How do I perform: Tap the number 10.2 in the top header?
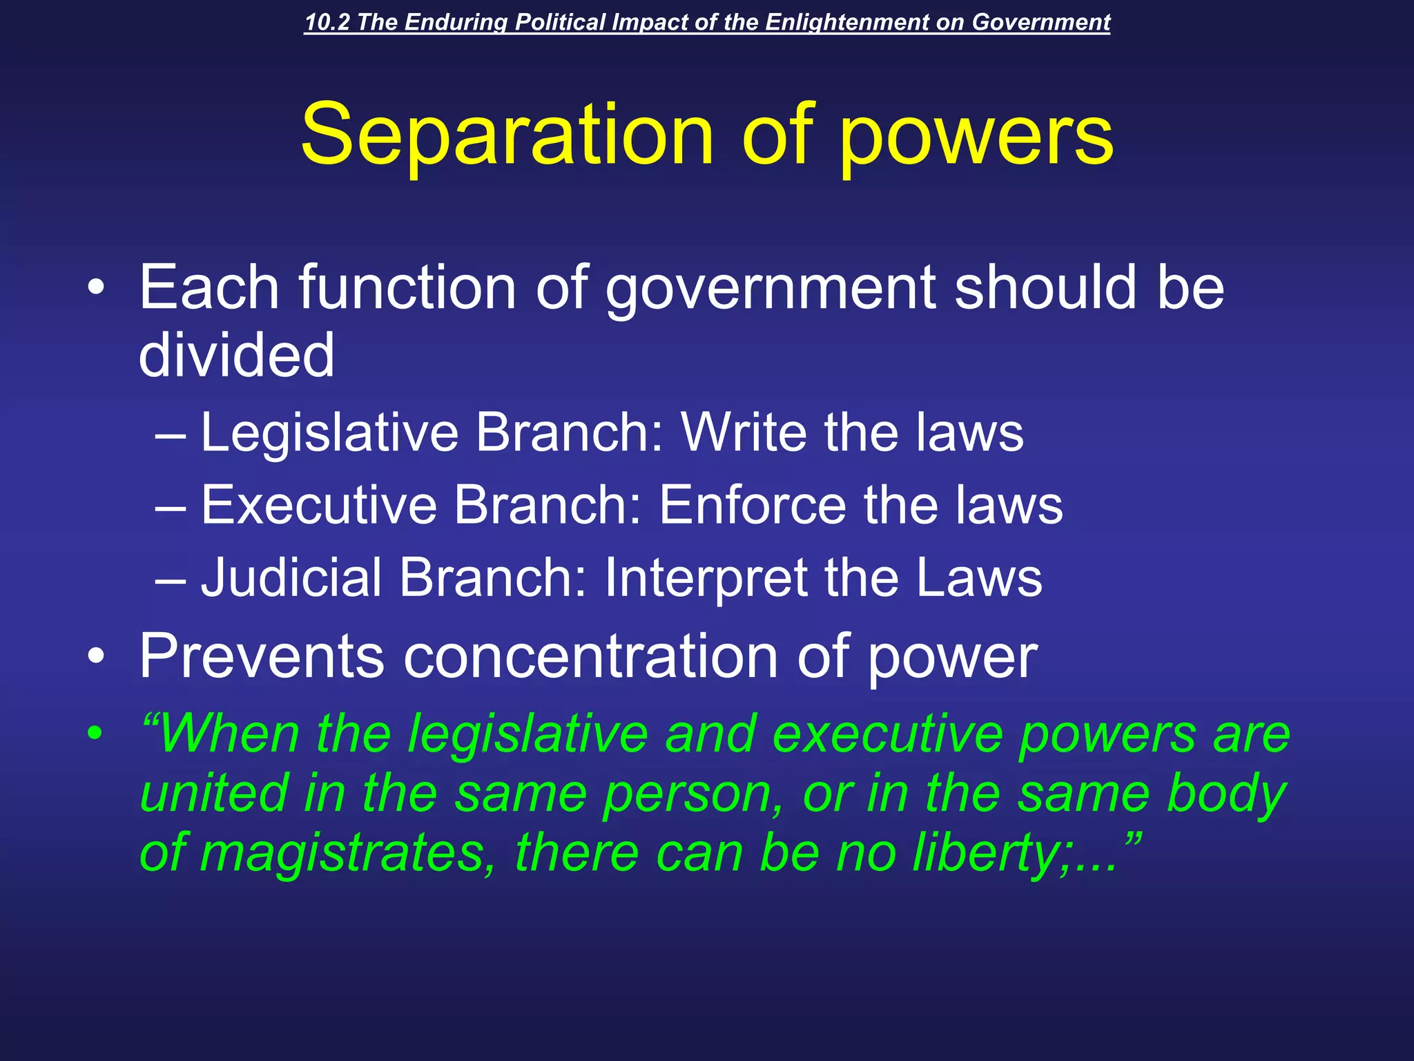(327, 22)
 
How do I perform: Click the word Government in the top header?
(1040, 22)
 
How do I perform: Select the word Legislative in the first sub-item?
(329, 433)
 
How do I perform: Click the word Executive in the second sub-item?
(319, 505)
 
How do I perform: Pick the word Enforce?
(752, 505)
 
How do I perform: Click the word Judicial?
(291, 577)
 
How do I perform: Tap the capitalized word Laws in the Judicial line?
(978, 577)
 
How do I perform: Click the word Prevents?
(262, 656)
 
